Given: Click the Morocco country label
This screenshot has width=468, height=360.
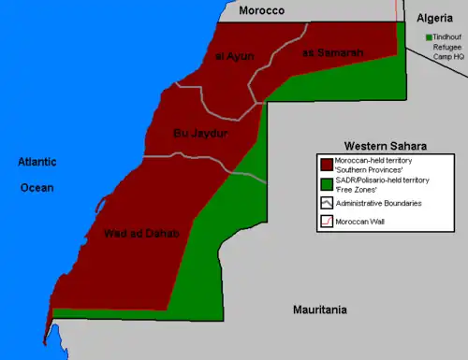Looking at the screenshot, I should [x=261, y=11].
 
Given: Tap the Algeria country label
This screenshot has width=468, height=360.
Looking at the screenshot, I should [x=436, y=19].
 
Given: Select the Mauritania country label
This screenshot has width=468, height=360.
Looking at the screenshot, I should [x=319, y=309].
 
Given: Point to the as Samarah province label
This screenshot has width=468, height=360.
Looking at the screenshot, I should [x=333, y=53].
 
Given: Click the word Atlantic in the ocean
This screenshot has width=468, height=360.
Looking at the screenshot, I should [x=37, y=163].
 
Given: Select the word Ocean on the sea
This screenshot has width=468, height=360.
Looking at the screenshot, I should [x=37, y=187].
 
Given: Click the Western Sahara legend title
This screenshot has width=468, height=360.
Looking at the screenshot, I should [x=386, y=146].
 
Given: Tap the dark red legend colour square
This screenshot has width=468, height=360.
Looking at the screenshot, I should [x=325, y=165].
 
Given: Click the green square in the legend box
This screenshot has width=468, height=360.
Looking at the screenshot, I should [x=325, y=184].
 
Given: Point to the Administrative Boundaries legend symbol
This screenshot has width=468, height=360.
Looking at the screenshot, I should [x=325, y=203].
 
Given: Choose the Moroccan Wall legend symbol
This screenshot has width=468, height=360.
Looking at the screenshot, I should [x=325, y=222].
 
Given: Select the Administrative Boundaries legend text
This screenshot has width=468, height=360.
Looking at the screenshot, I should [x=380, y=203].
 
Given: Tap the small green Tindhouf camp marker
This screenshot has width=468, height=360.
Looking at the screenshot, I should [x=428, y=37].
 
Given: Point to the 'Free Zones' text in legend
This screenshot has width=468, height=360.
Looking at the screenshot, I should [x=357, y=190].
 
